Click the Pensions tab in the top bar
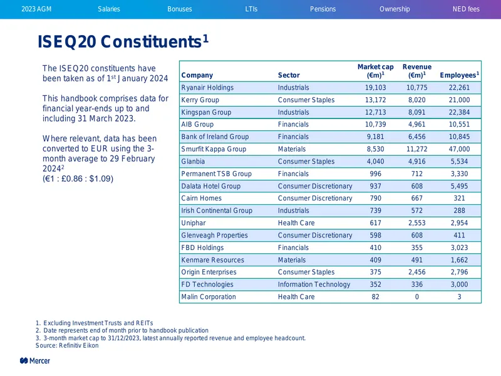[x=323, y=9]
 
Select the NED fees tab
[x=466, y=9]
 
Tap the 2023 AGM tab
[x=36, y=9]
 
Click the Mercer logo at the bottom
[x=35, y=361]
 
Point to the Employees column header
[x=459, y=75]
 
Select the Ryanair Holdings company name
[x=207, y=88]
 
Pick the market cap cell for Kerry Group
[x=375, y=100]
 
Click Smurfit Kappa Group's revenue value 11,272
[x=416, y=149]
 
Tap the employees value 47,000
[x=459, y=149]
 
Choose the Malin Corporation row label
[x=209, y=296]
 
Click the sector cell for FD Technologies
[x=314, y=285]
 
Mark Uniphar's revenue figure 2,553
[x=416, y=223]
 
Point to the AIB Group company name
[x=197, y=124]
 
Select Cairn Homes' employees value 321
[x=459, y=198]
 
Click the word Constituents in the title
[x=151, y=41]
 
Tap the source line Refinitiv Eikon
[x=67, y=346]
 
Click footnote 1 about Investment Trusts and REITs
[x=95, y=323]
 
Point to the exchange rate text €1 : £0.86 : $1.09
[x=78, y=179]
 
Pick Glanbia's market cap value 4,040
[x=375, y=162]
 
